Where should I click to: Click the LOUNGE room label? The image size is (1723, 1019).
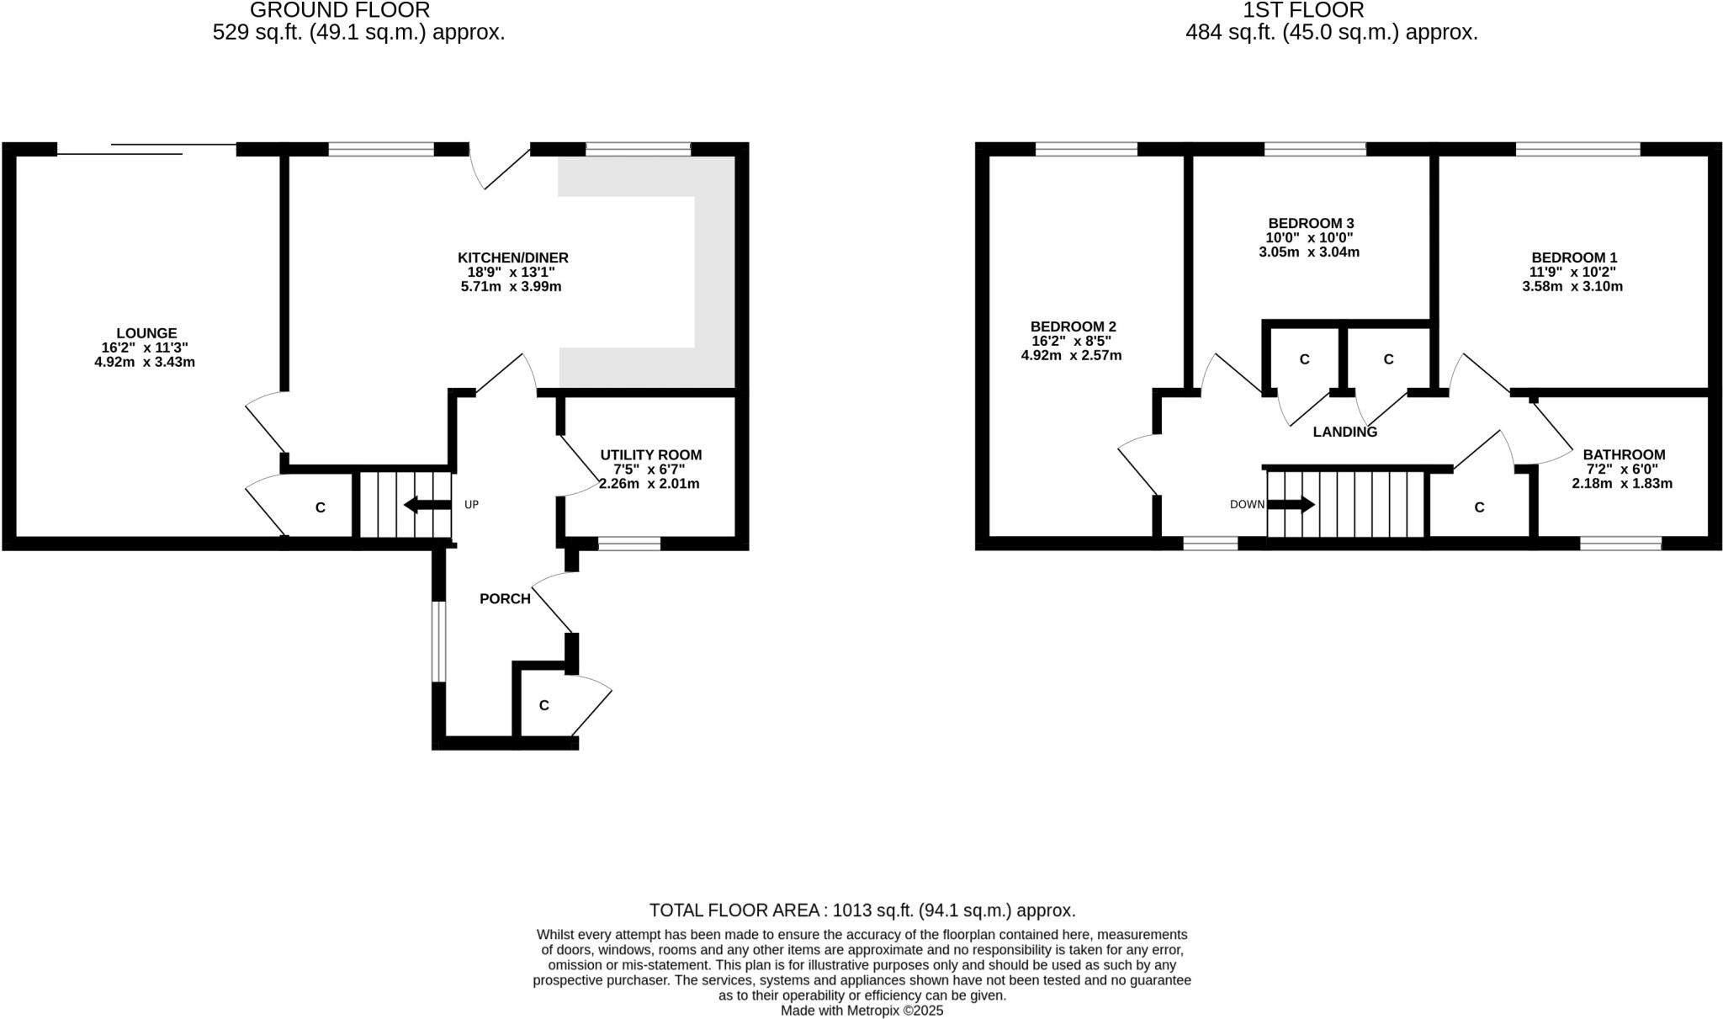146,333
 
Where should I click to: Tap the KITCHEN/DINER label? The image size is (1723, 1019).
512,257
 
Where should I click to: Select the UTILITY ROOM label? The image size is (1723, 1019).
650,455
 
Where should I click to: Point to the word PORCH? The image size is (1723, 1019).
505,599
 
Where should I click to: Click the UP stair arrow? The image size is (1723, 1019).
427,505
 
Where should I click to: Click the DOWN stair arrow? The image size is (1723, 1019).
1291,505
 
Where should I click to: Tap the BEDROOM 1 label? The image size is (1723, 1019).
1573,257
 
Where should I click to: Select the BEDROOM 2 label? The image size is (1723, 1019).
1073,326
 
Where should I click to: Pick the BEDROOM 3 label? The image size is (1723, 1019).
1311,223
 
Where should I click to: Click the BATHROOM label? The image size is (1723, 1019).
1623,455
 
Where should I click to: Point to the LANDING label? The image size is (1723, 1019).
1344,433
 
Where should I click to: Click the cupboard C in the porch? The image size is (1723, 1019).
543,705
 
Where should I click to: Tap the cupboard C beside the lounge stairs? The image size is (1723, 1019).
320,507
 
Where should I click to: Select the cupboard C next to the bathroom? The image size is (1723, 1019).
1479,507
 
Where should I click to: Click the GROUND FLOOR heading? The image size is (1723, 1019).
340,10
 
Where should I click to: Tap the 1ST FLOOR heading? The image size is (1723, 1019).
1303,10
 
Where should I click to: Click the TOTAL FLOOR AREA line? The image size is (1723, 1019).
861,910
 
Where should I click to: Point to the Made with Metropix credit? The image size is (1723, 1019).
861,1011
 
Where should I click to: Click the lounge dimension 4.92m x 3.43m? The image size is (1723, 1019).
145,363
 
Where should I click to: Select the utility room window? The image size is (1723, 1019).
628,544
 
